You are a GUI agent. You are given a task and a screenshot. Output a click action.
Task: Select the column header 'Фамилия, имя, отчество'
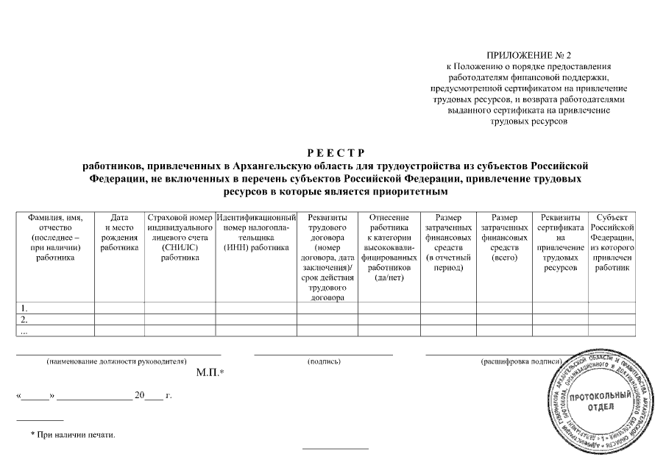(x=55, y=238)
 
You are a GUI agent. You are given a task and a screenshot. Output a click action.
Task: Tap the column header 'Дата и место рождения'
(x=119, y=233)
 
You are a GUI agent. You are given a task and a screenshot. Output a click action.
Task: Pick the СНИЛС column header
(x=180, y=238)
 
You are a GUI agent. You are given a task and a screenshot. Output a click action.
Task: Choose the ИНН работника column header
(x=256, y=233)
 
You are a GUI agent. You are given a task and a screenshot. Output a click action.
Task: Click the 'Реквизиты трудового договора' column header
(x=327, y=258)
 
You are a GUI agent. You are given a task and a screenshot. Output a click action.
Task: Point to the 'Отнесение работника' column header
(x=389, y=247)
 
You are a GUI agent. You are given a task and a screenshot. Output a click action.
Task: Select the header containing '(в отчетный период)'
(x=449, y=243)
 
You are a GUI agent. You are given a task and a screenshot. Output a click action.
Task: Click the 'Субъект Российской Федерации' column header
(x=612, y=243)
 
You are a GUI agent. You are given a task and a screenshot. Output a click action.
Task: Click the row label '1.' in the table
(x=25, y=308)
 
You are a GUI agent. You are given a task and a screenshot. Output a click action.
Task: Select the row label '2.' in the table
(x=25, y=319)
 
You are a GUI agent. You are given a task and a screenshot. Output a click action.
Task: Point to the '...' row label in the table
(x=25, y=331)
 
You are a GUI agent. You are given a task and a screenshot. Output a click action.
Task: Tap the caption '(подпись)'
(x=324, y=362)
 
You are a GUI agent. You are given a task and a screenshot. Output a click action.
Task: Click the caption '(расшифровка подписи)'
(x=521, y=362)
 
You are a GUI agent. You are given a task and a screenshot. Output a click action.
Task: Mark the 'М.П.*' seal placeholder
(x=210, y=373)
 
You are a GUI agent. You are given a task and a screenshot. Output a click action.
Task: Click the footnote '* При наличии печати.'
(x=73, y=435)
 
